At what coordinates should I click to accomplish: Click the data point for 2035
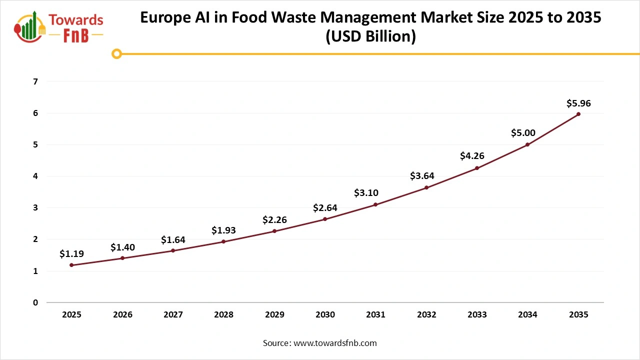pos(578,114)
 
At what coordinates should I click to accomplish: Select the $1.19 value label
pos(71,254)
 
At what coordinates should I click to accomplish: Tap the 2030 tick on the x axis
pos(325,314)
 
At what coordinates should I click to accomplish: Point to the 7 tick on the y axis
pos(35,81)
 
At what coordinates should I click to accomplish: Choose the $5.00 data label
pos(523,133)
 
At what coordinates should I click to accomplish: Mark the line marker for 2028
pos(223,241)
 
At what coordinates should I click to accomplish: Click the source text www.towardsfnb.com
pos(335,343)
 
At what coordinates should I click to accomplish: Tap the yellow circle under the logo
pos(116,53)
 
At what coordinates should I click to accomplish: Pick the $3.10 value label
pos(366,192)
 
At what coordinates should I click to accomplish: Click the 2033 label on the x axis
pos(477,314)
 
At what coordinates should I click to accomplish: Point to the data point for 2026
pos(122,258)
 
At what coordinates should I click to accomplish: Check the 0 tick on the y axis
pos(35,302)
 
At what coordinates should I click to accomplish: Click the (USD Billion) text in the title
pos(370,37)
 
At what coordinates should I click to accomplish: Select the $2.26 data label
pos(274,219)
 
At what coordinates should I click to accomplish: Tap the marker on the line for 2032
pos(426,187)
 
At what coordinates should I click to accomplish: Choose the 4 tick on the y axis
pos(35,176)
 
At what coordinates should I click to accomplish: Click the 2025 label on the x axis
pos(72,314)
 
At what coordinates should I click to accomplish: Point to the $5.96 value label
pos(578,103)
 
